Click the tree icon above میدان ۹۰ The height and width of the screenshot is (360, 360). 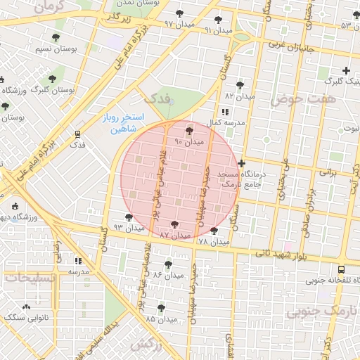coord(189,131)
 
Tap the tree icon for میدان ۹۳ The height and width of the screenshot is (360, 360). coord(128,217)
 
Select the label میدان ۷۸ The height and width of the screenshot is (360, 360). coord(214,242)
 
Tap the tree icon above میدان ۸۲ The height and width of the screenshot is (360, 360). coord(240,84)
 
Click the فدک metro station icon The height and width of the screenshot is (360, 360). coord(77,133)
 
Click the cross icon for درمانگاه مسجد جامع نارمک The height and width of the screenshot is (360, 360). coord(241,163)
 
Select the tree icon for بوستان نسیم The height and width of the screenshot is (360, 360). coord(56,37)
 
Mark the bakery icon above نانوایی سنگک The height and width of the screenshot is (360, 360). coord(27,307)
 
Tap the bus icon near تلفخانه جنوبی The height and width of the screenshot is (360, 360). coord(341,269)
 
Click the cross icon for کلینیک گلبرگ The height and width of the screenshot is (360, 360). coord(345,70)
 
